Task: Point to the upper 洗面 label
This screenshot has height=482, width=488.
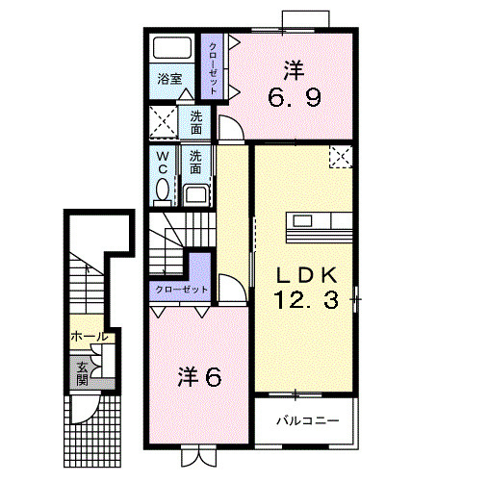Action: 196,122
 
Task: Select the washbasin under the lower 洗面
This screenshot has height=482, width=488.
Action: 196,193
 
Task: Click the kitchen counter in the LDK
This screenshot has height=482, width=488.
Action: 319,232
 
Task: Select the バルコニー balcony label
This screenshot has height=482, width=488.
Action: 306,420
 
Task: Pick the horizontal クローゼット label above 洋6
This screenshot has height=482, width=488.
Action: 180,290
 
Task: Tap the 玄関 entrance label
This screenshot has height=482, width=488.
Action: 82,371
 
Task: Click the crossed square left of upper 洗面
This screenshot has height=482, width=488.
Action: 163,122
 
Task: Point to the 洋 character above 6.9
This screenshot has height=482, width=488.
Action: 295,69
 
